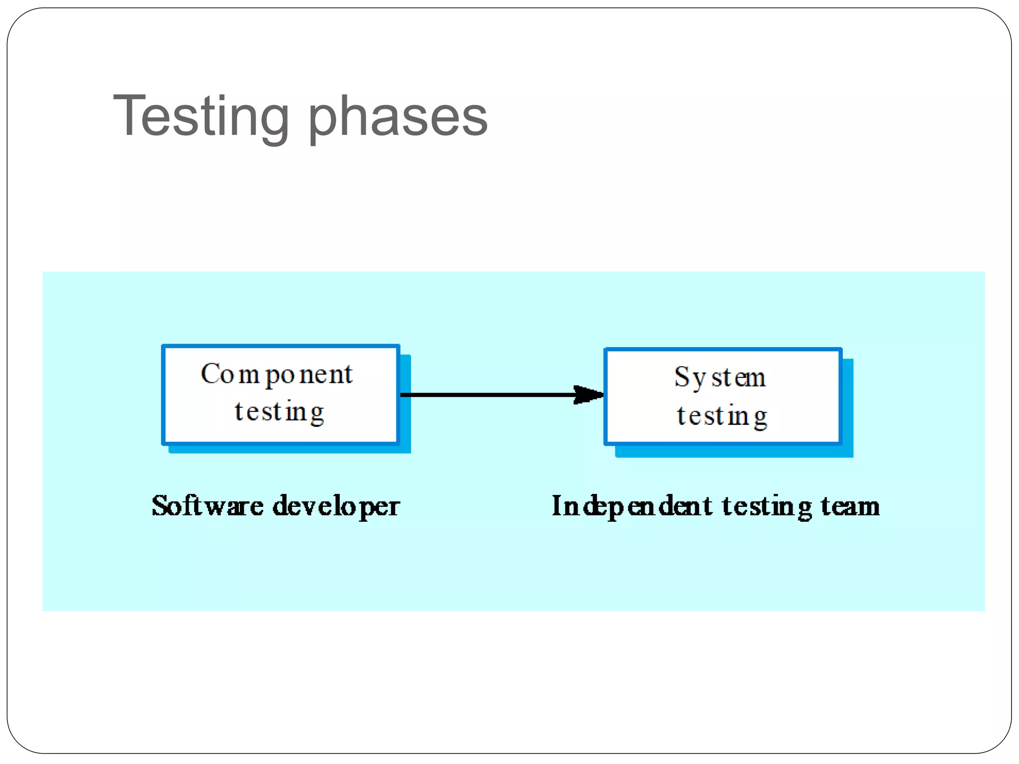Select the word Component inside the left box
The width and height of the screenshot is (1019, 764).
tap(277, 375)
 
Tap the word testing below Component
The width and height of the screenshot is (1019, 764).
tap(279, 412)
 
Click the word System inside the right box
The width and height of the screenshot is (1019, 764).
tap(720, 378)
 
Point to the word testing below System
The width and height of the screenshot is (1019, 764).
tap(722, 416)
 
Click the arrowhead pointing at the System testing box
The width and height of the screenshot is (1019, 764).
tap(589, 395)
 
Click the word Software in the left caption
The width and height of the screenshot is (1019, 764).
tap(207, 506)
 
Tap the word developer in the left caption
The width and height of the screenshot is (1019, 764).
tap(336, 507)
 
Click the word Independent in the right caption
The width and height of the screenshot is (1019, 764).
tap(632, 507)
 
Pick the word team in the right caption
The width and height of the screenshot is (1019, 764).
tap(850, 506)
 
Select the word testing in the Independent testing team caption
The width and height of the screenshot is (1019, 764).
tap(767, 507)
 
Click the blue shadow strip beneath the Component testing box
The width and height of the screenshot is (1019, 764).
tap(289, 449)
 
